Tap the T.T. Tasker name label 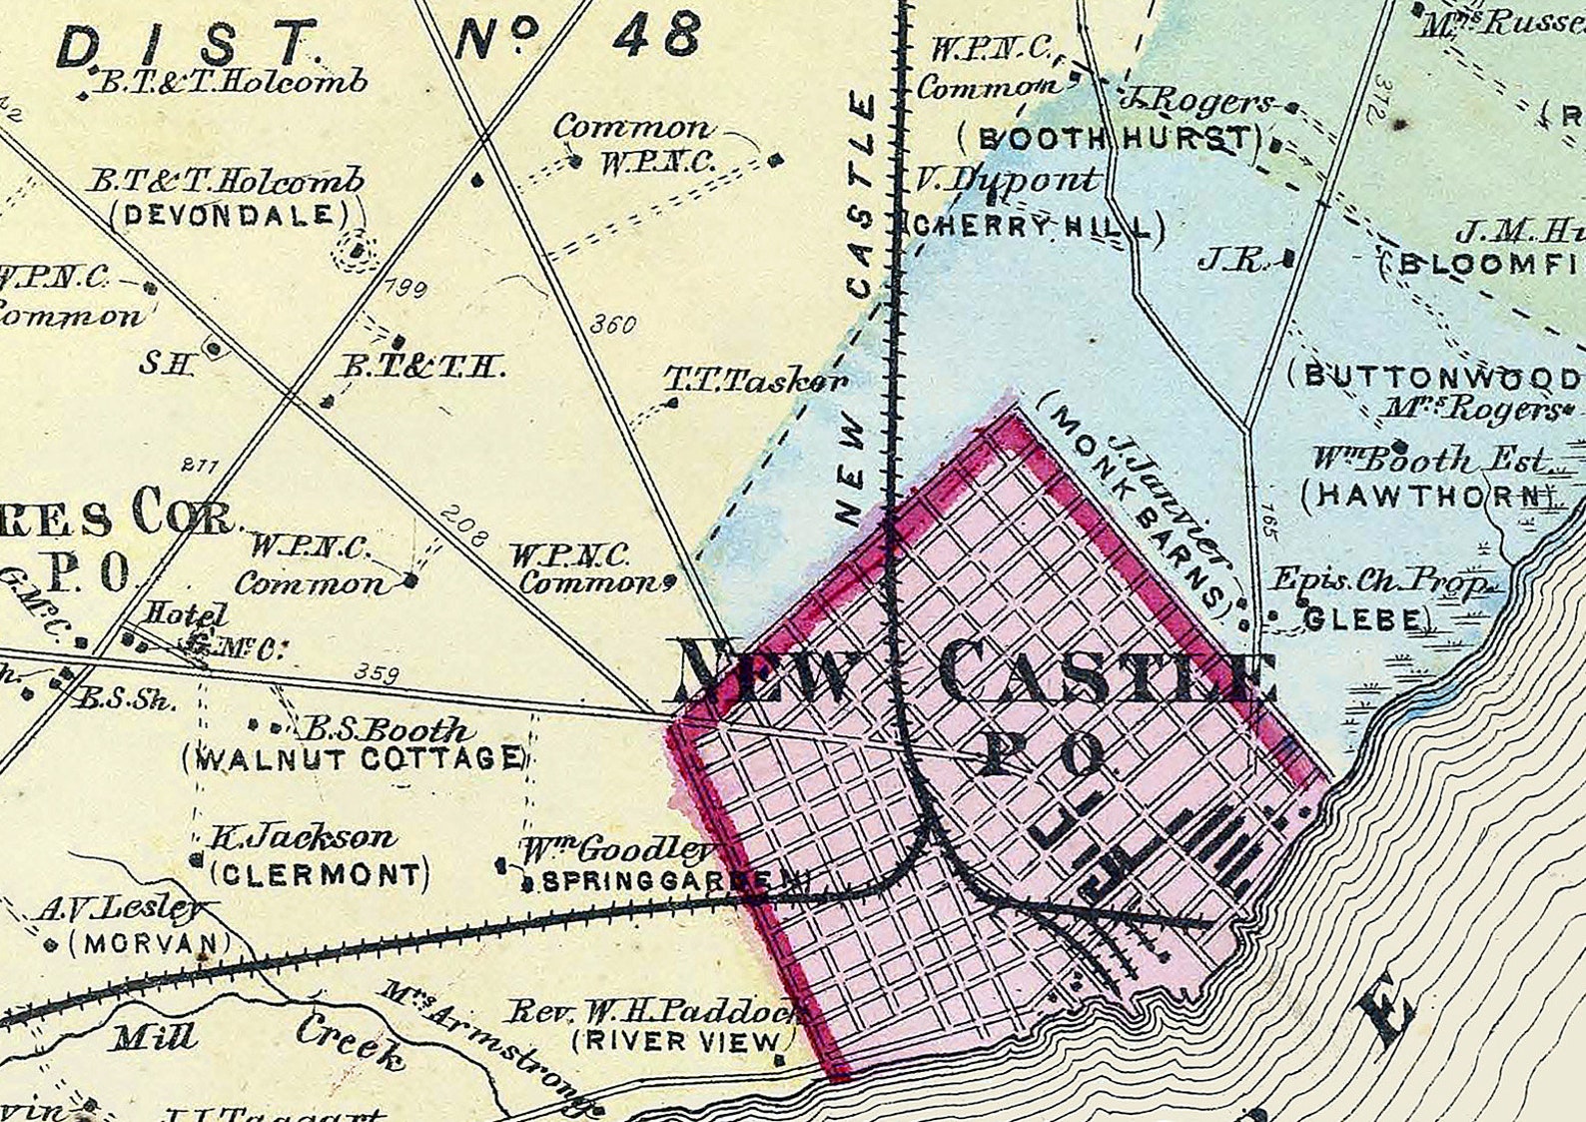point(756,380)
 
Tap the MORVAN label point(150,943)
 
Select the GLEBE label point(1361,619)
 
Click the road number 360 point(612,325)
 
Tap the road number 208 point(463,528)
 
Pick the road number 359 point(378,674)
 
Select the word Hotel point(184,614)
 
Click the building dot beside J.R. point(1288,260)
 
